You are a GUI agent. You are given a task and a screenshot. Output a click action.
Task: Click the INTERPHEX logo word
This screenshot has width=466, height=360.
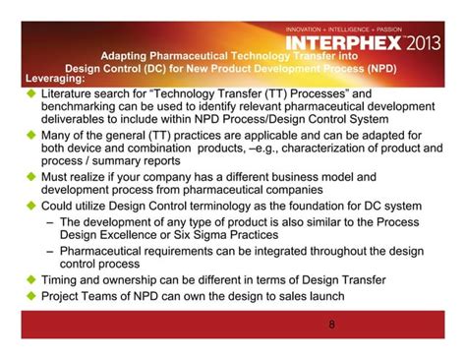click(343, 44)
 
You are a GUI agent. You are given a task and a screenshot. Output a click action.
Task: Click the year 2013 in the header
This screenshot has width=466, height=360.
click(424, 44)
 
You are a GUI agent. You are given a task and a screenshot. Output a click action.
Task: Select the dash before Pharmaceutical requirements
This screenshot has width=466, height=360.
click(50, 252)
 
